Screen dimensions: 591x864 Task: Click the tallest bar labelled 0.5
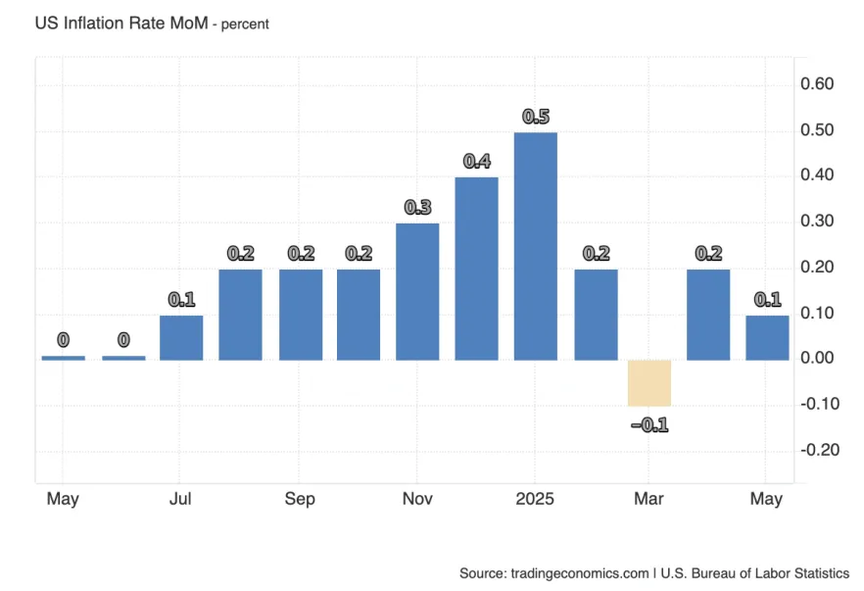click(x=536, y=245)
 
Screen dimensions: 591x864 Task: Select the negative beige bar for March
click(x=649, y=382)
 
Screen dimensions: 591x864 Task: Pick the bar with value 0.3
click(x=417, y=291)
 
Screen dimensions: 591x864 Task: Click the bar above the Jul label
click(x=181, y=337)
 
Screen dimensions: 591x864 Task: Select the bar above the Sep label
click(x=301, y=314)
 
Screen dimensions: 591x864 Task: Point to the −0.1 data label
click(x=648, y=425)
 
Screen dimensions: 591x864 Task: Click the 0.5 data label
click(x=536, y=117)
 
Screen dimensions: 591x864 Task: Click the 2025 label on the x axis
click(x=536, y=499)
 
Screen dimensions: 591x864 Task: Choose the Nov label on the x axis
click(x=417, y=499)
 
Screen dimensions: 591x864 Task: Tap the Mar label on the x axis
click(x=648, y=499)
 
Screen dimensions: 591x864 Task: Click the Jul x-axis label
click(x=180, y=499)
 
